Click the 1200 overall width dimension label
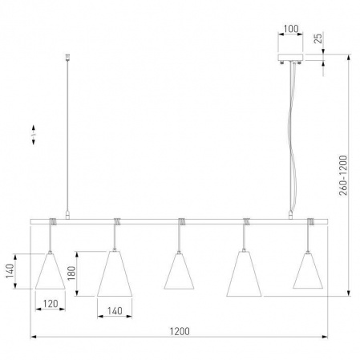180,331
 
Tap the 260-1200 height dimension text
343,176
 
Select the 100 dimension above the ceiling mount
291,29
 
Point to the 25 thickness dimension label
318,38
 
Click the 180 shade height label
71,273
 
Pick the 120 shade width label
51,304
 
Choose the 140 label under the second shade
115,311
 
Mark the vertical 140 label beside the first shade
10,271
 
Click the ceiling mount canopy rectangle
291,57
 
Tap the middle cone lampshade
179,271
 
